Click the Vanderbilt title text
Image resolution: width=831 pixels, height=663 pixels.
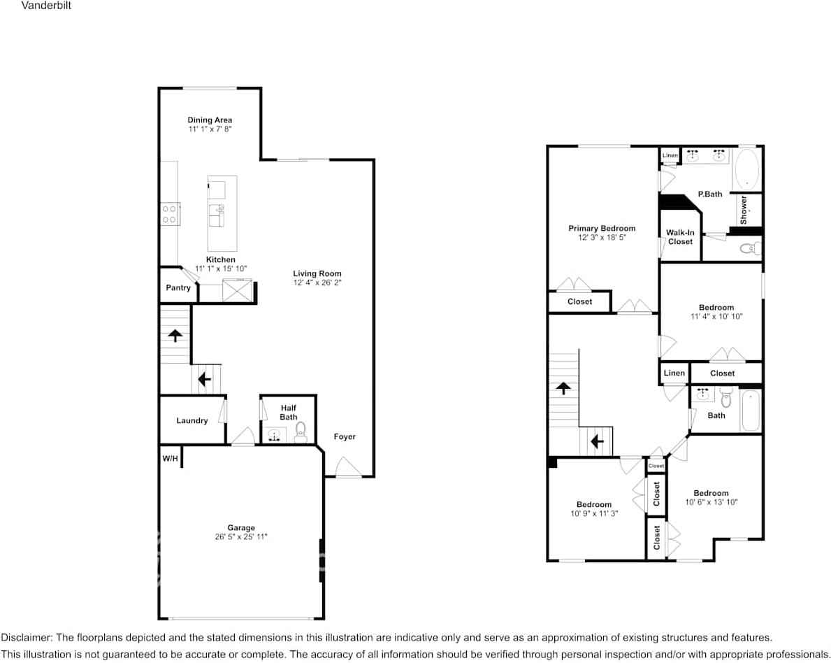45,6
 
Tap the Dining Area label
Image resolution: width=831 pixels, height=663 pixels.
210,120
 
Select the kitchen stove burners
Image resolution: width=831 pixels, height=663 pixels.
169,214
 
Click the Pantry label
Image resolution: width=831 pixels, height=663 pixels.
178,288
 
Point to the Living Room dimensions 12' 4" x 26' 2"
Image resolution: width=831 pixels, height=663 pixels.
317,283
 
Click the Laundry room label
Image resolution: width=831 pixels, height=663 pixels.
192,421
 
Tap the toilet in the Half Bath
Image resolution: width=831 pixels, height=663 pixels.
301,430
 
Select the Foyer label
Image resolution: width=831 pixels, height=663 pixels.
345,437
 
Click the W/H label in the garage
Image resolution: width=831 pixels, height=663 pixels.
170,459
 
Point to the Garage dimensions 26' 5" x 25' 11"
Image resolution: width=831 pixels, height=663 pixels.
241,537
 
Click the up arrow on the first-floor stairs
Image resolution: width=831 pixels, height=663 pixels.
174,336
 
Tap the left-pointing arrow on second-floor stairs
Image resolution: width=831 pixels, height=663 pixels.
596,442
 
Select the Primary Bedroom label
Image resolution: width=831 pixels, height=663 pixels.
602,229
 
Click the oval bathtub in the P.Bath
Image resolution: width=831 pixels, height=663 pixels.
747,169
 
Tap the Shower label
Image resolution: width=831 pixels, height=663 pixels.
744,209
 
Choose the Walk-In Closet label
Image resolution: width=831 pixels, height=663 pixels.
680,237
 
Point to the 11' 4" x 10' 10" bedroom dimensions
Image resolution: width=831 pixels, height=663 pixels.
716,317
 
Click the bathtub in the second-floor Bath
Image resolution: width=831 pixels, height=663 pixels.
751,411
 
